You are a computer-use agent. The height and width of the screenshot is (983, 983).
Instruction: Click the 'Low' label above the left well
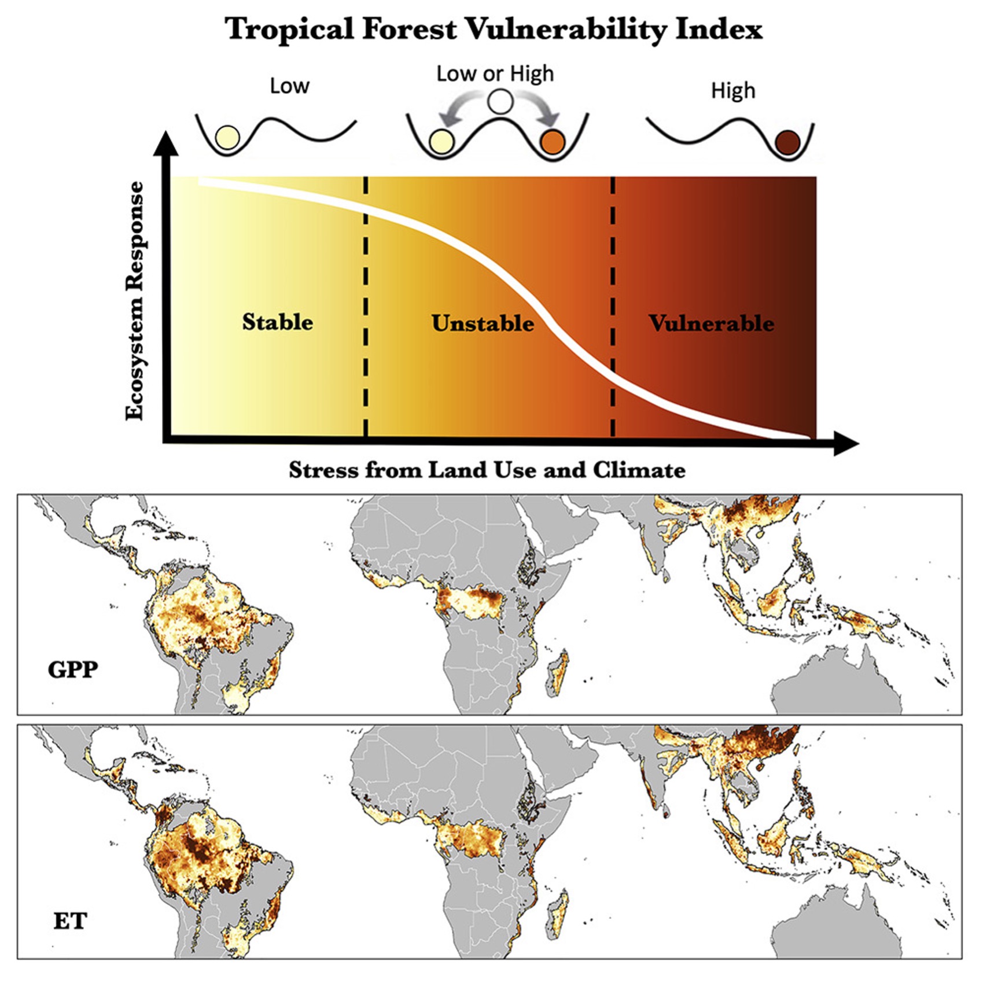289,86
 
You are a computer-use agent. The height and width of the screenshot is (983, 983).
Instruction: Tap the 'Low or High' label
495,74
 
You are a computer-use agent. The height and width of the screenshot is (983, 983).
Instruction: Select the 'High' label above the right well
732,91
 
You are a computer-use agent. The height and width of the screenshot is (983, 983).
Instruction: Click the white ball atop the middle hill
500,102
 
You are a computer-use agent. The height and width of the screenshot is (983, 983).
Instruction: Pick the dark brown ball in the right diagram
787,142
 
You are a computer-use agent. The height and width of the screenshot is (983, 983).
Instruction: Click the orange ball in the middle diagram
552,142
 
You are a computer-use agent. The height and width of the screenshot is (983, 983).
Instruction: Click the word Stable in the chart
277,322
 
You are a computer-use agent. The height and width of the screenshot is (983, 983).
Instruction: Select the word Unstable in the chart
483,323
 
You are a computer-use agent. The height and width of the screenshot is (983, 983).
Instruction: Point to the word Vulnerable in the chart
711,323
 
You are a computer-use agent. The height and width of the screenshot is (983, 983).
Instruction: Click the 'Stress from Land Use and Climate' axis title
487,470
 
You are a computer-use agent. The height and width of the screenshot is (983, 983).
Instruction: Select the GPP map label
73,669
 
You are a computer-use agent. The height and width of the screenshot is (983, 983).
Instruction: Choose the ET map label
70,920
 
